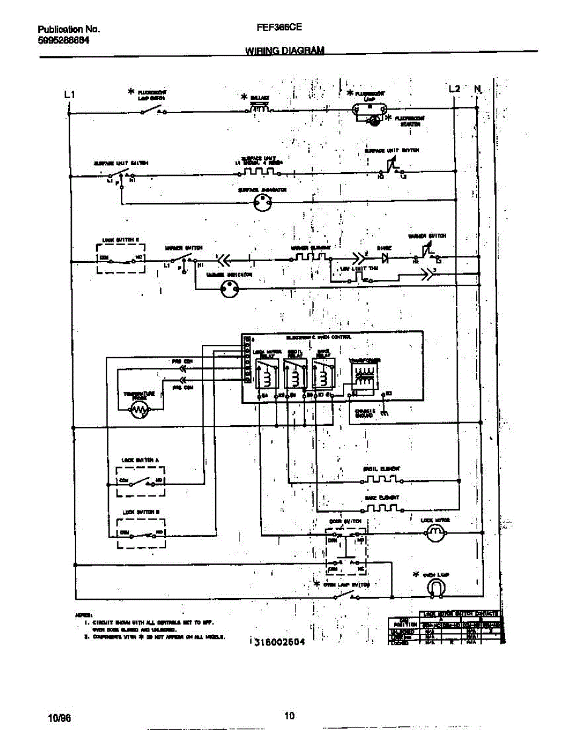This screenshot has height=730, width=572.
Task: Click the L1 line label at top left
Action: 69,95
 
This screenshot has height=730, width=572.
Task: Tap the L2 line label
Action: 454,89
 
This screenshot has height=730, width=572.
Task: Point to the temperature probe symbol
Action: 140,411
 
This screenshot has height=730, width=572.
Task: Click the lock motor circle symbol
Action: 434,534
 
